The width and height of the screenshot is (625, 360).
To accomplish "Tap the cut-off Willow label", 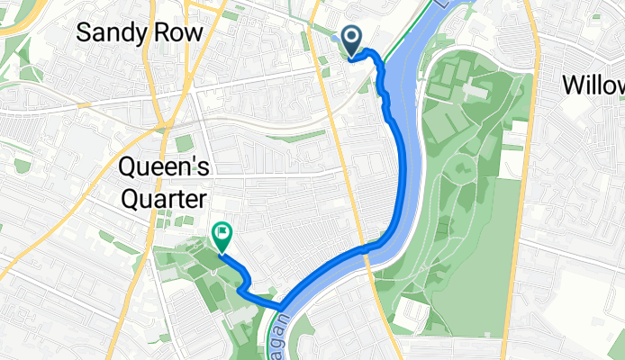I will [x=594, y=85].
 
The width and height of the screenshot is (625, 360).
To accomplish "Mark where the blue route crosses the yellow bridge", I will [x=367, y=246].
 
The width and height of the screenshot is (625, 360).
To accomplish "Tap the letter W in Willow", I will [x=574, y=85].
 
